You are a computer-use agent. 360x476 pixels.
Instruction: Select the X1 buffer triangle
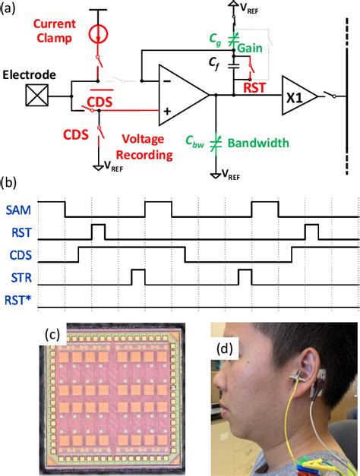[298, 95]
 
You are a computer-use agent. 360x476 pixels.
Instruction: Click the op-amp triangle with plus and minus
[182, 94]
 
